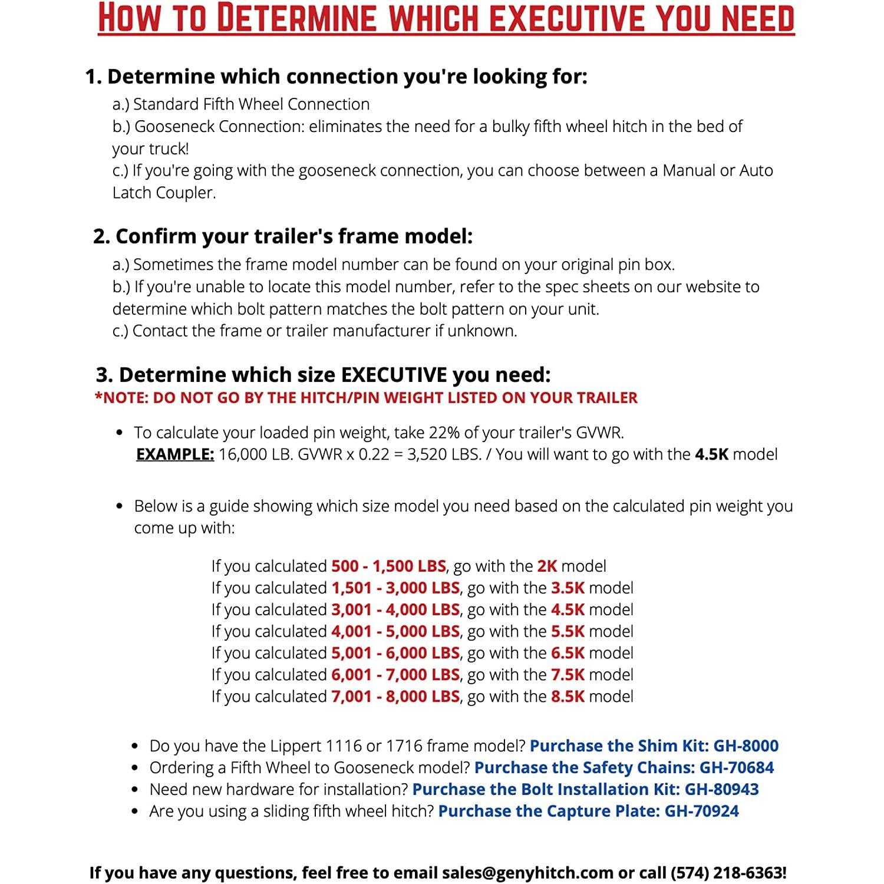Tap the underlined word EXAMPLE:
tap(175, 454)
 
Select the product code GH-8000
tap(746, 746)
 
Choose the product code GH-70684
tap(736, 767)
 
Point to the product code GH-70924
tap(701, 811)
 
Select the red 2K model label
tap(547, 566)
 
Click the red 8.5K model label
tap(568, 697)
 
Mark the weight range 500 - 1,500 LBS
tap(388, 566)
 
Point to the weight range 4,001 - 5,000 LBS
tap(395, 631)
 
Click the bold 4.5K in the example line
tap(711, 454)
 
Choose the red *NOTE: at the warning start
tap(121, 398)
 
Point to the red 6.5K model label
tap(568, 653)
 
